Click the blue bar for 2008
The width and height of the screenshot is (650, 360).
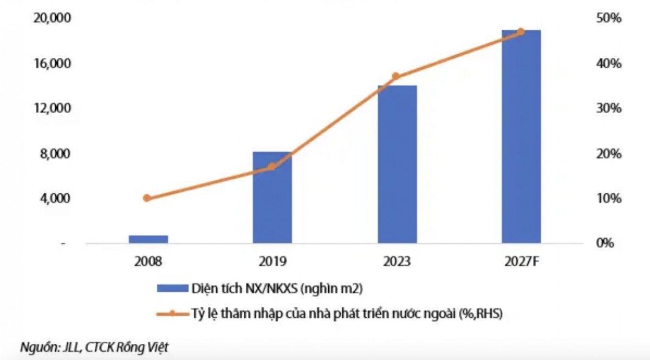tap(148, 239)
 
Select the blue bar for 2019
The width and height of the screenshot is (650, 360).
tap(272, 198)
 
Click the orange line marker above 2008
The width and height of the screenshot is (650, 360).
tap(147, 198)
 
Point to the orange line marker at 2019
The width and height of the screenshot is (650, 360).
tap(272, 167)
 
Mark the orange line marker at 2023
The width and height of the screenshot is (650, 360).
tap(396, 76)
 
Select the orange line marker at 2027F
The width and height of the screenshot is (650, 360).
tap(521, 31)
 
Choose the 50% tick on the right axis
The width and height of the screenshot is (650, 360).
tap(609, 19)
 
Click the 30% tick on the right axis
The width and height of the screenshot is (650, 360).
tap(609, 109)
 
